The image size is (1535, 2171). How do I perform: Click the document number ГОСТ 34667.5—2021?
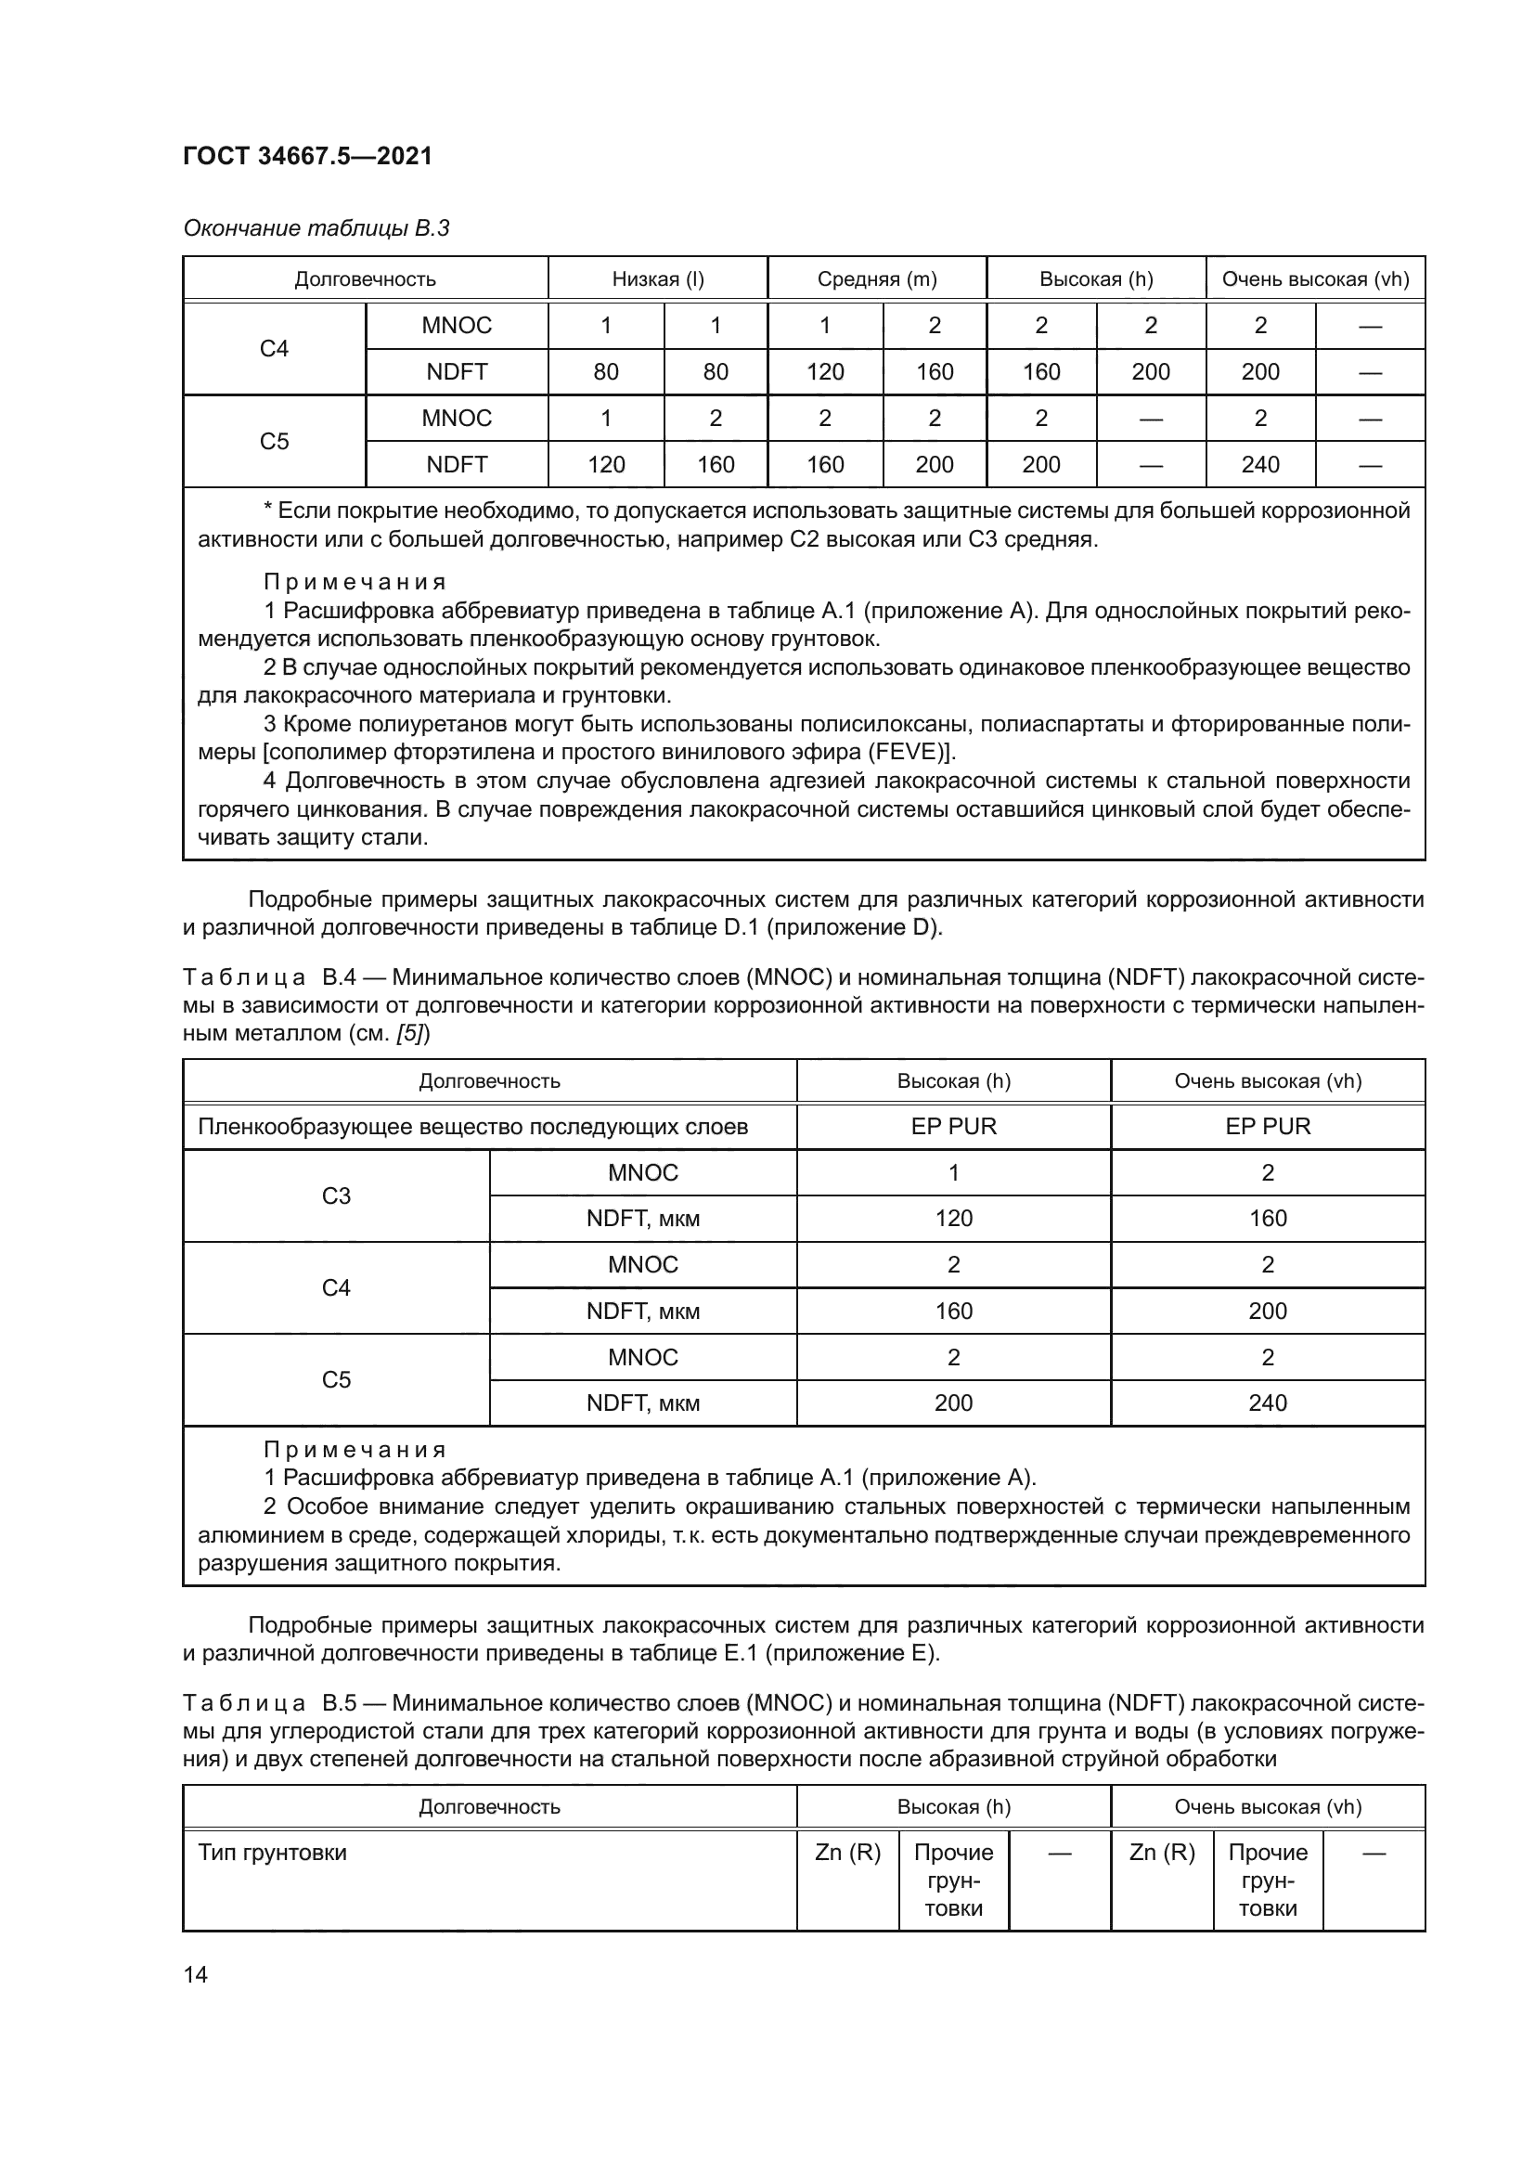[307, 156]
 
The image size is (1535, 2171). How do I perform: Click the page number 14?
[196, 1974]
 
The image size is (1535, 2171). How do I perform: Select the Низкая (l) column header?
[658, 279]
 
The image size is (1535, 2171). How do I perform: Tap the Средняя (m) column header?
[876, 279]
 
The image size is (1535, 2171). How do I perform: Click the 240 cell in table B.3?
[1260, 464]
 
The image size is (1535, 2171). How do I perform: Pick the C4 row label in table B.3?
[274, 349]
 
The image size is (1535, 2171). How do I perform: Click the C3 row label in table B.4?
[336, 1196]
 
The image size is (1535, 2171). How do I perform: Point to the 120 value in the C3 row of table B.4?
[953, 1219]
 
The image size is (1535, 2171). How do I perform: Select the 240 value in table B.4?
[1268, 1403]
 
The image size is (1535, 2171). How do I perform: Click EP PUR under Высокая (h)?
[953, 1126]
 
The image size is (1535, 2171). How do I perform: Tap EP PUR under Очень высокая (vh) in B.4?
[1268, 1126]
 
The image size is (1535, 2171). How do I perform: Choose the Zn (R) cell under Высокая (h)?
[847, 1853]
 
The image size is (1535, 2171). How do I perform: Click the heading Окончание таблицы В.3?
[316, 228]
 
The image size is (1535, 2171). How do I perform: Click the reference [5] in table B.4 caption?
[413, 1033]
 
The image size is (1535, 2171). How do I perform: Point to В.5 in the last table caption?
[339, 1704]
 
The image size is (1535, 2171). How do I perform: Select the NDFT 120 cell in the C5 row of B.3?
[606, 464]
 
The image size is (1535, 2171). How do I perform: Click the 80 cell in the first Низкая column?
[606, 371]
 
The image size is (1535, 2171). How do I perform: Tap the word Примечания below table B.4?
[355, 1450]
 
